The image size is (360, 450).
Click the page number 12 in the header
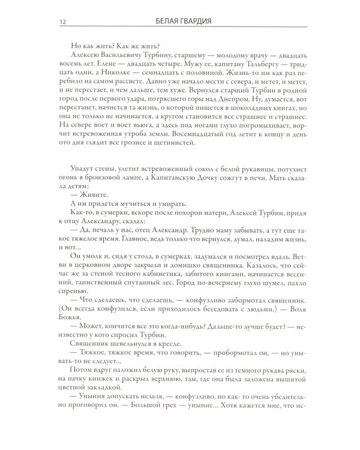[x=62, y=23]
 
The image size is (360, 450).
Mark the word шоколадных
[x=248, y=124]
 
